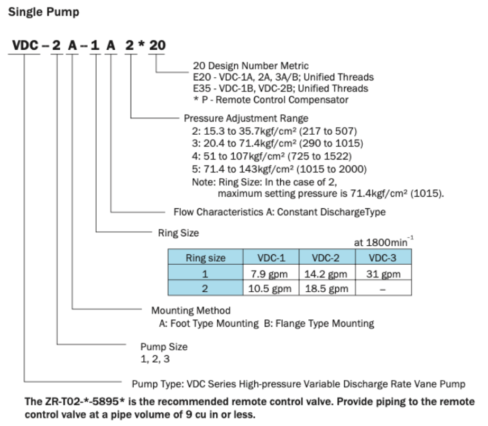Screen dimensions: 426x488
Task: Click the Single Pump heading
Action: (44, 12)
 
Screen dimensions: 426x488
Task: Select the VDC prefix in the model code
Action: (24, 46)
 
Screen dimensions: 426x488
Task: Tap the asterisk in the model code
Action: (141, 46)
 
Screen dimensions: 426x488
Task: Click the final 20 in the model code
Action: (156, 46)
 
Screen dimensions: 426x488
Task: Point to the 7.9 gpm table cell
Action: (271, 274)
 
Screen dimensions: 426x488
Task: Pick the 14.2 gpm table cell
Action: (327, 274)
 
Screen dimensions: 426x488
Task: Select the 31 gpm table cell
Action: (383, 274)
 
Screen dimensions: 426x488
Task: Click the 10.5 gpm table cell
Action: (271, 289)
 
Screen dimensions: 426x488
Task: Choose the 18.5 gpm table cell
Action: (327, 289)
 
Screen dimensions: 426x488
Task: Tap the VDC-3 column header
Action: (383, 258)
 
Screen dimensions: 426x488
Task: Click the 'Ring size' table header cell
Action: (206, 258)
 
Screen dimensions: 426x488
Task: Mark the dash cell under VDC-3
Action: (383, 289)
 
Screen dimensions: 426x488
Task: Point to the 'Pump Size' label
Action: (164, 347)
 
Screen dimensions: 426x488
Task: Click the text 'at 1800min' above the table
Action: (383, 243)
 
